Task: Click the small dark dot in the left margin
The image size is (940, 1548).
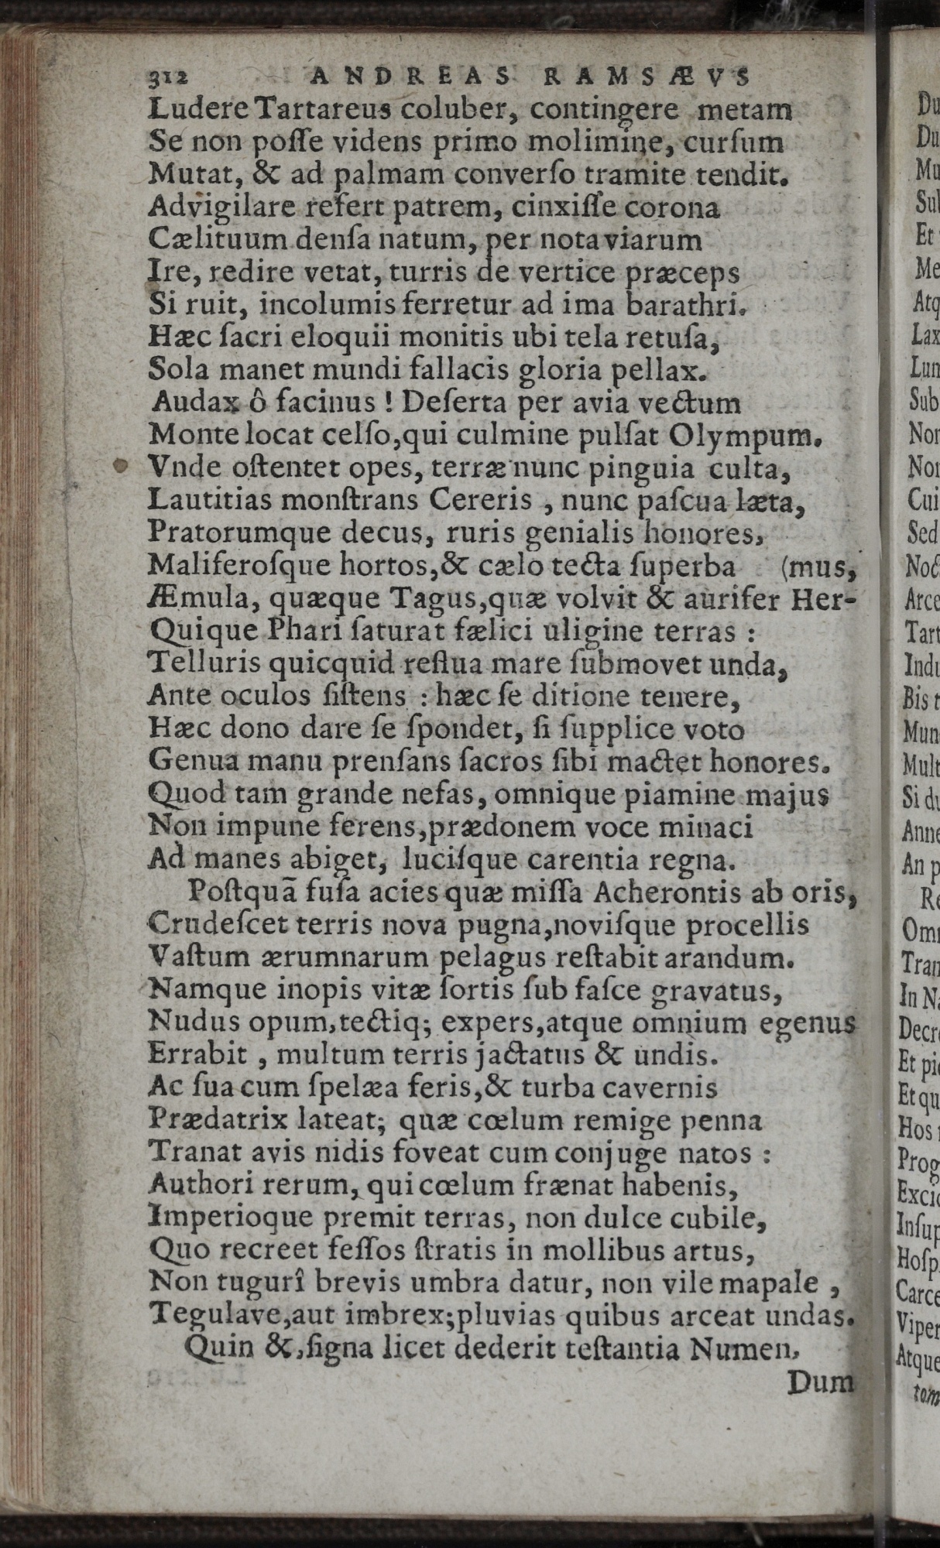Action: pyautogui.click(x=120, y=466)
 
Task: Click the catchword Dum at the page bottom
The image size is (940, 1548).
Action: pyautogui.click(x=820, y=1383)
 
